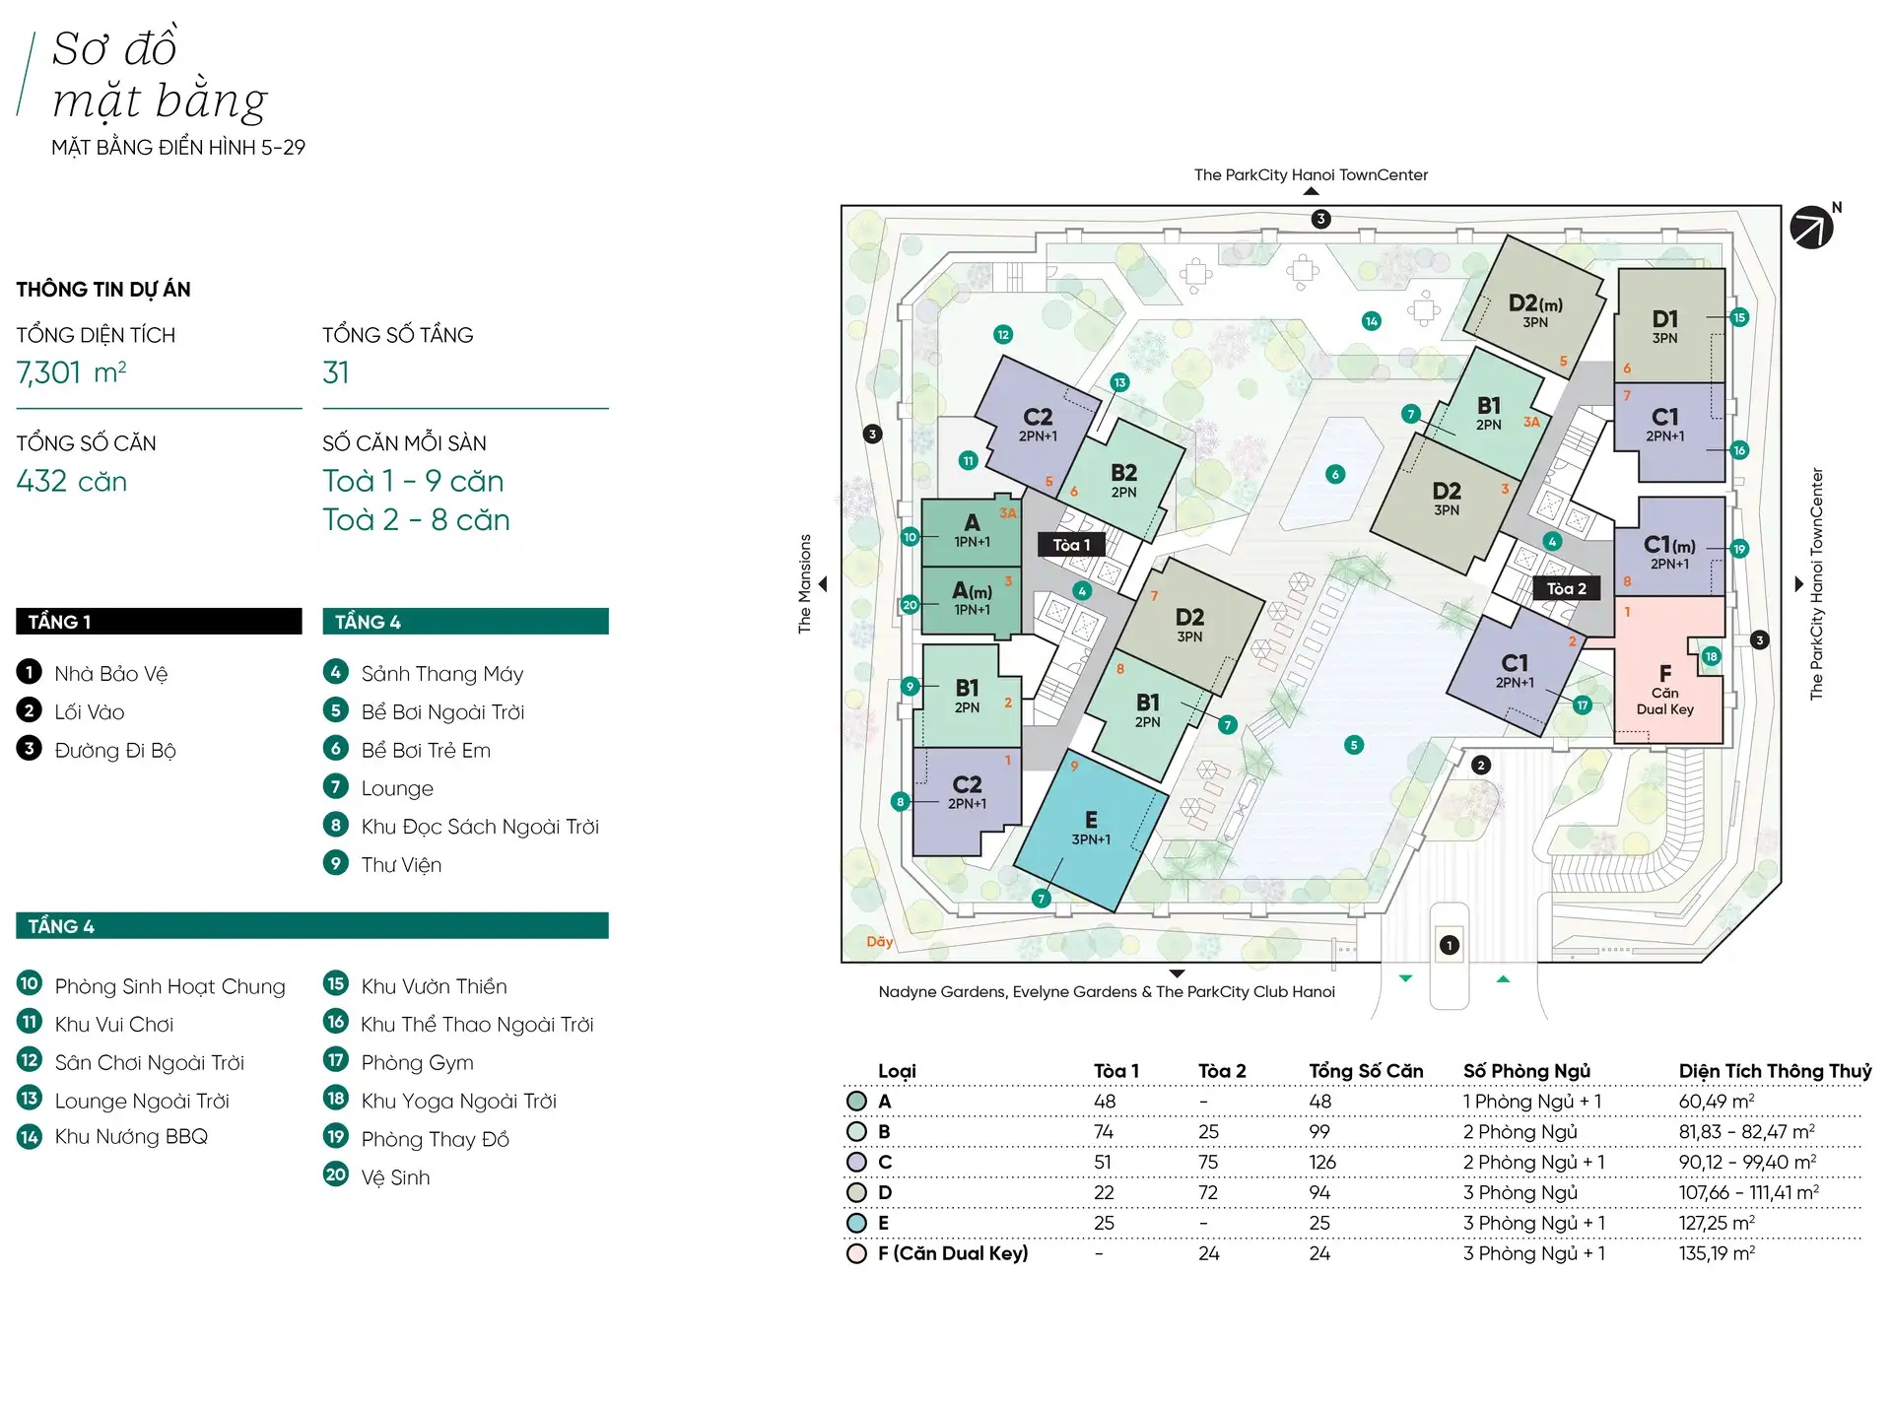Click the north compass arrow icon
(1811, 228)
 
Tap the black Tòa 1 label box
(1071, 545)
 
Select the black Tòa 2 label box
(1566, 588)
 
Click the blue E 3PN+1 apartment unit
(1091, 829)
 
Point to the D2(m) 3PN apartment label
(1535, 311)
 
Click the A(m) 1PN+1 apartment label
(972, 598)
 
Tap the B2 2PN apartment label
(1123, 480)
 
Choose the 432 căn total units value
(72, 481)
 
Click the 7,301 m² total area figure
(71, 372)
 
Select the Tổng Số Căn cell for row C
(1322, 1162)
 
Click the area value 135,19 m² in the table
(1717, 1253)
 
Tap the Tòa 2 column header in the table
(1222, 1071)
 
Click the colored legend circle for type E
(856, 1223)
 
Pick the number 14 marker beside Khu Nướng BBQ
(30, 1137)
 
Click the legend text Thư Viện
(401, 865)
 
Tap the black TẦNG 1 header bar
(159, 622)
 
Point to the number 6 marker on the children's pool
(1335, 474)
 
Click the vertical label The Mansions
(805, 583)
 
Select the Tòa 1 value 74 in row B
(1104, 1131)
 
